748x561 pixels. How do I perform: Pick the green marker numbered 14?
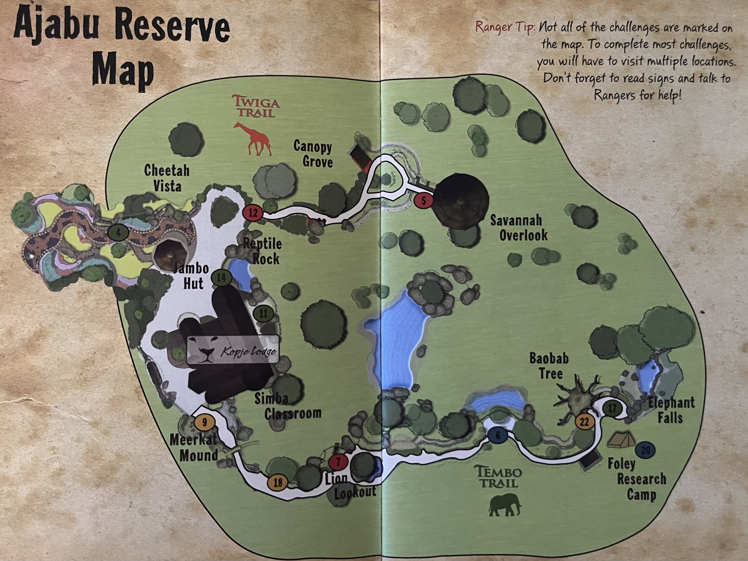pos(221,278)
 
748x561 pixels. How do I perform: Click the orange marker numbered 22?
pos(584,422)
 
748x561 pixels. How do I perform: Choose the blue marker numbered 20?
pos(645,450)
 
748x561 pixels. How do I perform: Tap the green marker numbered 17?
pos(613,408)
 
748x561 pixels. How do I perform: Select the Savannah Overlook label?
pos(518,228)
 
